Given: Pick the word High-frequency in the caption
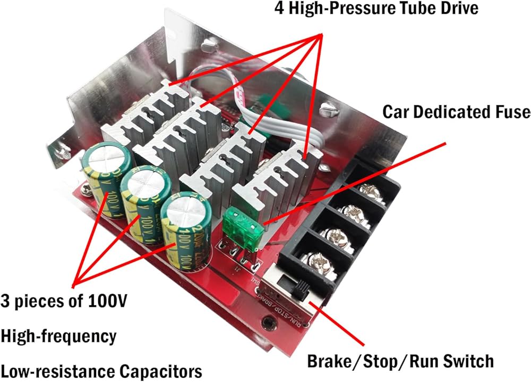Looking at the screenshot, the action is pos(58,336).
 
